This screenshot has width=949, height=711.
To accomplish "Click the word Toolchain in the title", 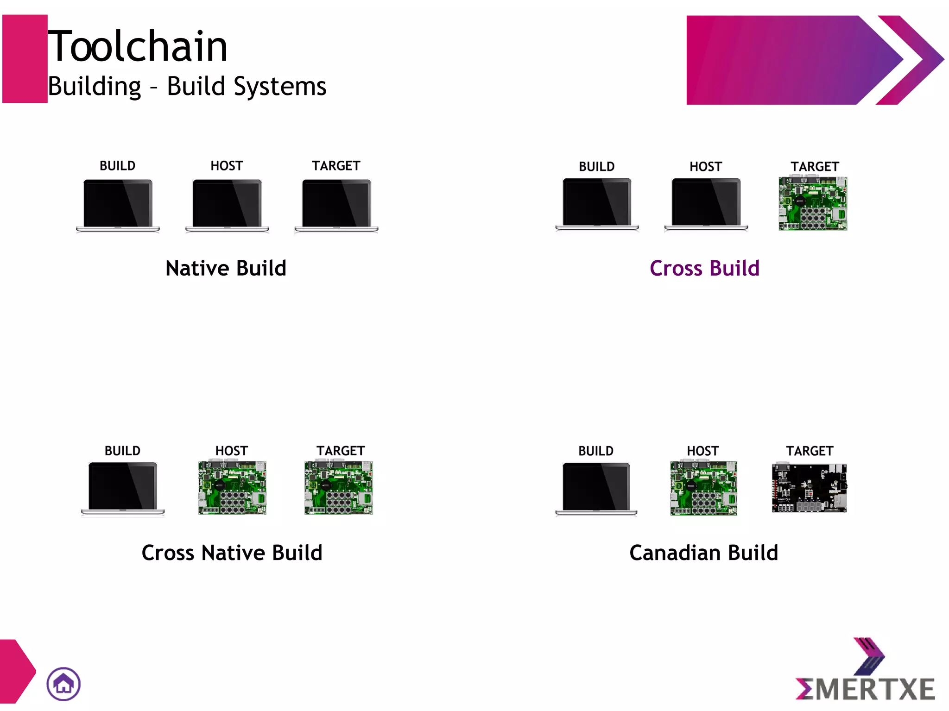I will click(x=138, y=46).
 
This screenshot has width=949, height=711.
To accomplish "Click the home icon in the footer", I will click(x=63, y=684).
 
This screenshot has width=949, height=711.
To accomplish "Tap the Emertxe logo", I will click(x=865, y=672).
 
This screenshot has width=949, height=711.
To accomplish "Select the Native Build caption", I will click(x=226, y=268).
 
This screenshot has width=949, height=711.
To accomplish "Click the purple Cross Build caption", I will click(x=704, y=268).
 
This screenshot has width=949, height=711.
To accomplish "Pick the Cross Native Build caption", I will click(x=232, y=553).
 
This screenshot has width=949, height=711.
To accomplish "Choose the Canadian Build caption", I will click(x=703, y=553).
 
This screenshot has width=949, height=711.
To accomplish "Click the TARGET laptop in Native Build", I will click(x=336, y=205).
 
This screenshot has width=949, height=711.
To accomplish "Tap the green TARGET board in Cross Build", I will click(x=813, y=203).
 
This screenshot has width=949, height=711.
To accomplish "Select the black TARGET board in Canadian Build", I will click(x=809, y=488).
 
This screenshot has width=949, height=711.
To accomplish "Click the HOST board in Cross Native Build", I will click(x=232, y=488).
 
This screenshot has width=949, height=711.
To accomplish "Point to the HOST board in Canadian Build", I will click(x=703, y=488).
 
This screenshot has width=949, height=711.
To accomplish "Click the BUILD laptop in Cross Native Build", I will click(x=123, y=489).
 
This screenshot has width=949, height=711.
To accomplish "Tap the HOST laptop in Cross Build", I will click(x=706, y=204).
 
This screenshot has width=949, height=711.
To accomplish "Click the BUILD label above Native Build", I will click(x=117, y=166).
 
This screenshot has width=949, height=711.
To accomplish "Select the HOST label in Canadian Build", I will click(x=702, y=451).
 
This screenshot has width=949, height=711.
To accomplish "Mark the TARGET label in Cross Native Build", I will click(x=341, y=451).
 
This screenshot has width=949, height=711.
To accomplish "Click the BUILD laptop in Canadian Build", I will click(x=596, y=489).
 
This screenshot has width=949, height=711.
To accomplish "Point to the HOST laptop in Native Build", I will click(x=227, y=205).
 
